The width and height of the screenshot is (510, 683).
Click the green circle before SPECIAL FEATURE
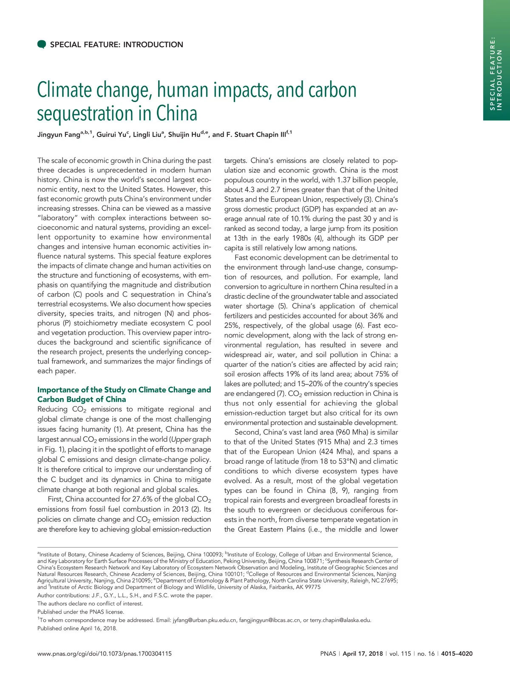click(42, 45)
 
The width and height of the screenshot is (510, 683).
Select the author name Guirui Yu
click(111, 135)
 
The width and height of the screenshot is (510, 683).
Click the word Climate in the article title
click(65, 90)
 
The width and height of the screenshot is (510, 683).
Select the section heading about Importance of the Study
click(124, 394)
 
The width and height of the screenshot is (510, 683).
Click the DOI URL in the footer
click(105, 654)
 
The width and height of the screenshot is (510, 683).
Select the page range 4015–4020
click(457, 654)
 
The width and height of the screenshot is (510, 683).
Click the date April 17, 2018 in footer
click(363, 654)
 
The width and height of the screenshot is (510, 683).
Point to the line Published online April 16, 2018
click(77, 628)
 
